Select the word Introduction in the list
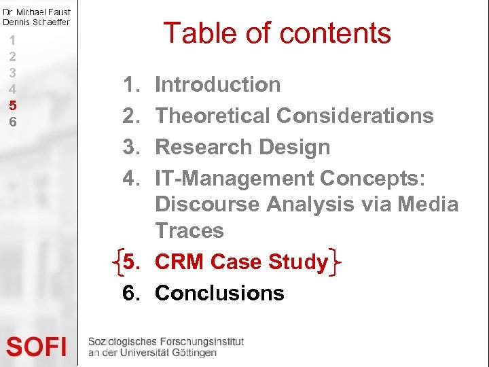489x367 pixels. tap(217, 85)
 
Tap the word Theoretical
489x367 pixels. tap(213, 116)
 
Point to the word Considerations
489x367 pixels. tap(355, 116)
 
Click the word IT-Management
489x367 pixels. tap(234, 179)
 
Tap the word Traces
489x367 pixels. tap(189, 230)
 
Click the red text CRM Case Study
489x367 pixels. tap(241, 262)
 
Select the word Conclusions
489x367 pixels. tap(219, 293)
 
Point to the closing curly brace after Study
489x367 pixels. tap(335, 262)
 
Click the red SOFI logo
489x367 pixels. tap(36, 347)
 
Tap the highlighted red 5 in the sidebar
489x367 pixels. tap(12, 105)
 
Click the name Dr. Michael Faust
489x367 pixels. tap(36, 12)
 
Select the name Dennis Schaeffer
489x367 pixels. tap(36, 22)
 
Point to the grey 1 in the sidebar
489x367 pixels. tap(12, 40)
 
